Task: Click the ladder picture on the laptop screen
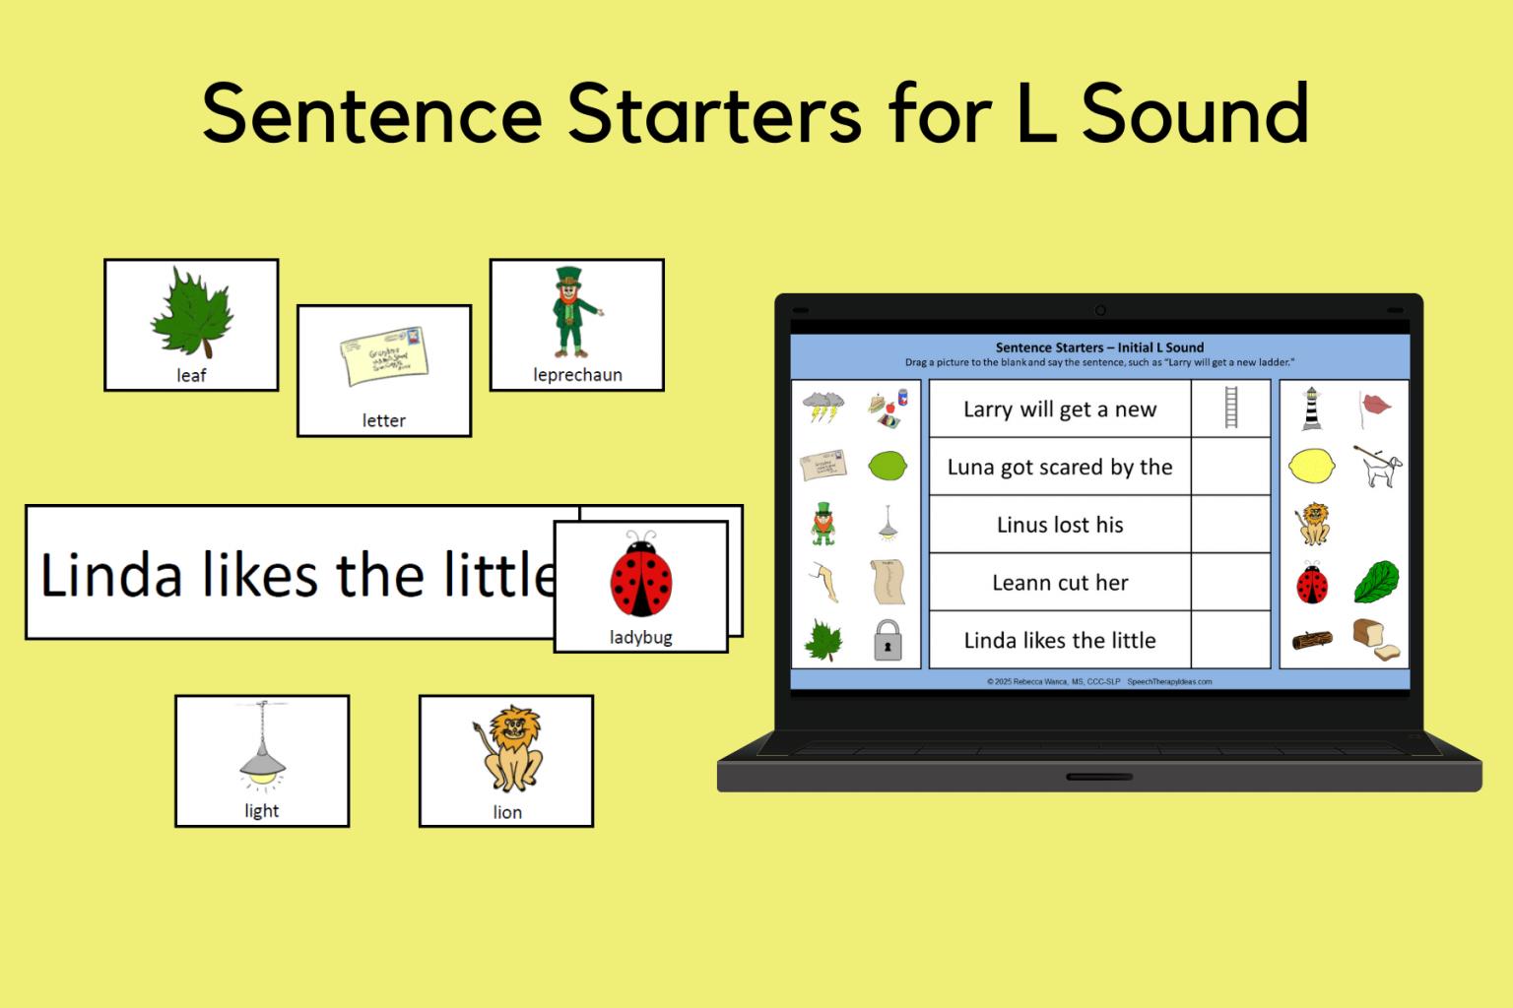(1230, 408)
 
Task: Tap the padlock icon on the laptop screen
(888, 640)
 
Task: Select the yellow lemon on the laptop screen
(1311, 466)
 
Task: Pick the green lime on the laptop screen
(888, 466)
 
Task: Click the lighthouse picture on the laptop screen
(1311, 408)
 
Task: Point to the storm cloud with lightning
(822, 406)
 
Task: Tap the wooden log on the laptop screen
(1311, 641)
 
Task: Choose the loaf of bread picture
(1375, 639)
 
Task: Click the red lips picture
(1375, 405)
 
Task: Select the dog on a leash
(1377, 466)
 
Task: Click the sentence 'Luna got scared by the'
(1060, 467)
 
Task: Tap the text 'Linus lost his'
(1060, 525)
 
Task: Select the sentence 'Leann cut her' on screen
(1060, 583)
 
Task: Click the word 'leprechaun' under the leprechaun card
(577, 375)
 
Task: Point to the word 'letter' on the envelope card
(383, 421)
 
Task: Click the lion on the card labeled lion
(509, 748)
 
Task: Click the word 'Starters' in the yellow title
(714, 115)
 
